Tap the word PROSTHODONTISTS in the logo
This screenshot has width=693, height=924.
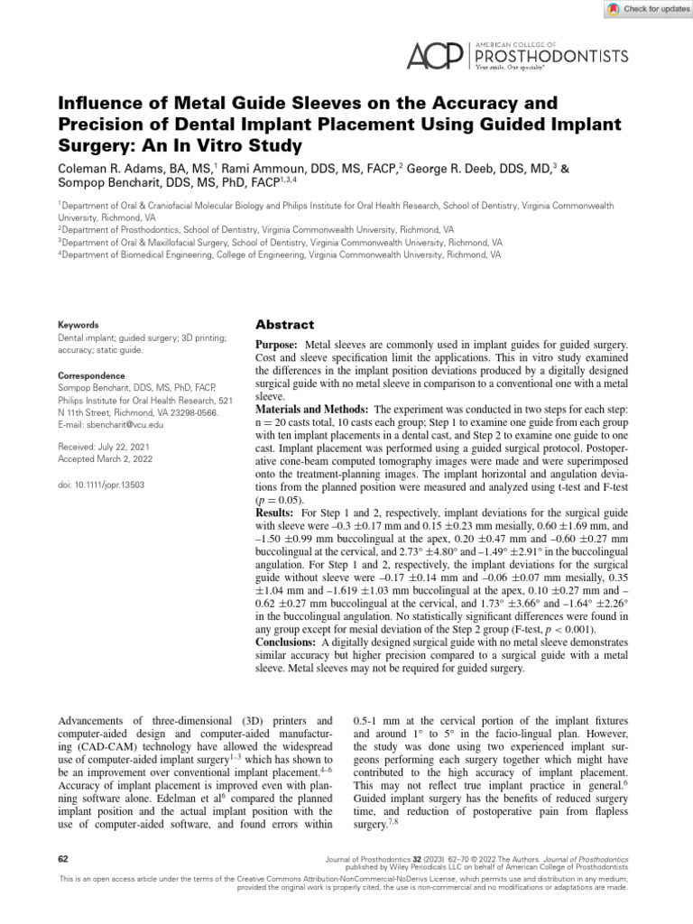tap(551, 56)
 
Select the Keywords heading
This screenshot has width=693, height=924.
tap(78, 323)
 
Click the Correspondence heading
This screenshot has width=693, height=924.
tap(92, 374)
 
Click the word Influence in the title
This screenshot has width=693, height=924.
tap(99, 103)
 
